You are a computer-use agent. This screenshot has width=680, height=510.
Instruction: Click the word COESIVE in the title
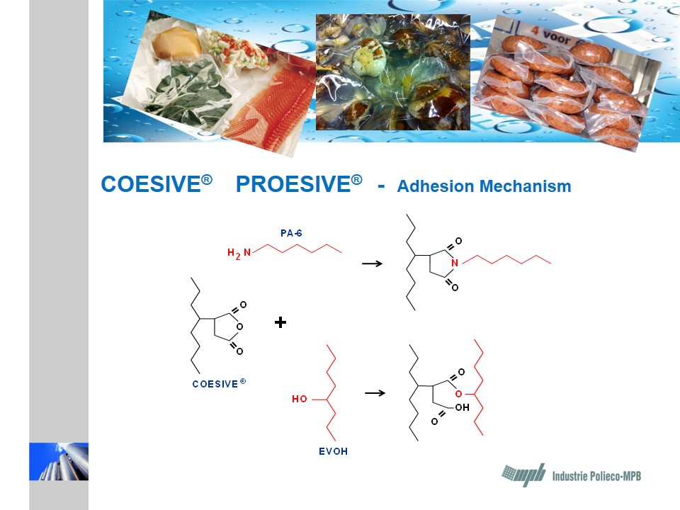tap(151, 184)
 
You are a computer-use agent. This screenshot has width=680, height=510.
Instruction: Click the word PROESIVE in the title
tap(293, 184)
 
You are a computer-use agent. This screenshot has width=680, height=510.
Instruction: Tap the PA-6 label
tap(291, 233)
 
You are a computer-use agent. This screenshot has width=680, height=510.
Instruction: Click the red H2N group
tap(239, 254)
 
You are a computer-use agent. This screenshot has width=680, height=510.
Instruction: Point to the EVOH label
tap(333, 451)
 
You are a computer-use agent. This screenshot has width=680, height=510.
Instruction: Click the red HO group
tap(299, 399)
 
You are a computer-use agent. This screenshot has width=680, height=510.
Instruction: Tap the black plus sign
tap(280, 322)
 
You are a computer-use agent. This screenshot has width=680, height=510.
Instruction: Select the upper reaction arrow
tap(372, 263)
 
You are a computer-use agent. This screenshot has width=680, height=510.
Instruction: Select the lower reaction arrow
tap(375, 393)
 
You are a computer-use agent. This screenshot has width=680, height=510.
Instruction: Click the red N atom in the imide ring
tap(455, 263)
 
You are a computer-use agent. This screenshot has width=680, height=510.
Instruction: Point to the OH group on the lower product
tap(462, 407)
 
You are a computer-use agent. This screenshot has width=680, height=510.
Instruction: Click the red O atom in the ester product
tap(459, 394)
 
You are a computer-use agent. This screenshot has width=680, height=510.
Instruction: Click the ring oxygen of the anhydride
tap(240, 327)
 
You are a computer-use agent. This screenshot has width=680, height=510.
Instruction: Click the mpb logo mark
tap(523, 475)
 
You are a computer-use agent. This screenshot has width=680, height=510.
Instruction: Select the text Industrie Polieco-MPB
tap(596, 476)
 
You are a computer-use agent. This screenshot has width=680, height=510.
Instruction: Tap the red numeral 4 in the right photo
tap(535, 30)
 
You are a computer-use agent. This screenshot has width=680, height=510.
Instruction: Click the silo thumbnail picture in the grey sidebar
tap(59, 461)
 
